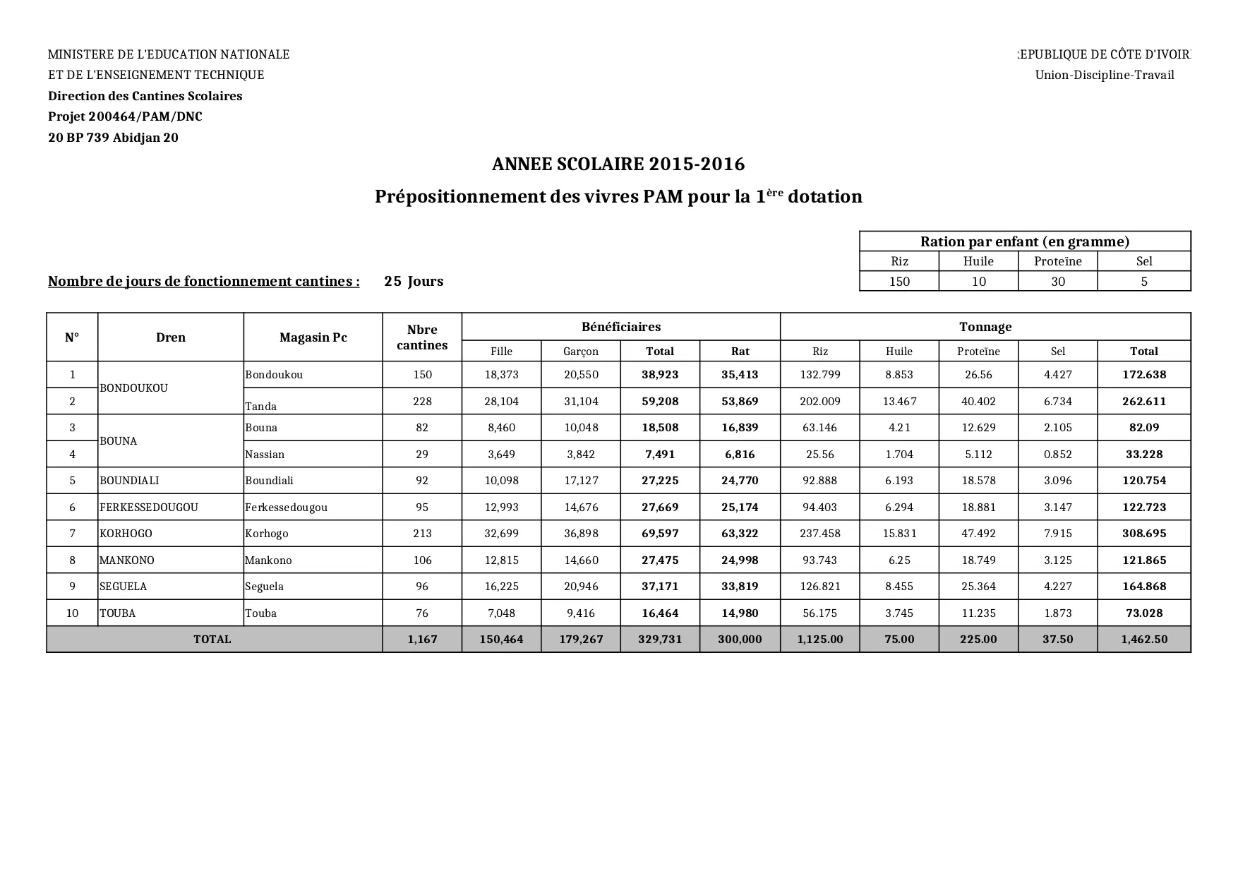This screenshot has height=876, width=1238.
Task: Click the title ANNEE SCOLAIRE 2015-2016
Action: click(618, 164)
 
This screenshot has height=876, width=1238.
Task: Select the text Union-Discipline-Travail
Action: click(1104, 76)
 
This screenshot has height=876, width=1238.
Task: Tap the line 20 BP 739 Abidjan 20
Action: click(113, 138)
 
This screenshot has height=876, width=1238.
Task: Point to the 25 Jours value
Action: click(414, 282)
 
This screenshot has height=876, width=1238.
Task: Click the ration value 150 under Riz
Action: click(899, 282)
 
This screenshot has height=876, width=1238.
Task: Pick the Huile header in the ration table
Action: click(978, 261)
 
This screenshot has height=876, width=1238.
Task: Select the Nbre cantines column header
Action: click(422, 337)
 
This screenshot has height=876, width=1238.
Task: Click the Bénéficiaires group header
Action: click(621, 327)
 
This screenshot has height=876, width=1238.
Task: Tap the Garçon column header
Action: click(581, 352)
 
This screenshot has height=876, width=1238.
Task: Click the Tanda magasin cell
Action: click(261, 406)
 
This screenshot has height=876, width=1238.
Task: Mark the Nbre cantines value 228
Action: click(422, 402)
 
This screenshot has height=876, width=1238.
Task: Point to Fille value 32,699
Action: click(501, 534)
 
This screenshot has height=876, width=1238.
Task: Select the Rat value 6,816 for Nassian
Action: click(740, 455)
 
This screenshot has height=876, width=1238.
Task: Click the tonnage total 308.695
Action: click(1144, 534)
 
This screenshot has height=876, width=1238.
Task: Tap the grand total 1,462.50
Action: click(1144, 640)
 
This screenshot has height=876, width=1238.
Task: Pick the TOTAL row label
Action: click(212, 640)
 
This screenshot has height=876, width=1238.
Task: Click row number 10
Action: click(72, 613)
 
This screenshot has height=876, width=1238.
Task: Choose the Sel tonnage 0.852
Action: click(1057, 455)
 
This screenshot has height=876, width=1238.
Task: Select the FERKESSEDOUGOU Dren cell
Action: click(149, 508)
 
